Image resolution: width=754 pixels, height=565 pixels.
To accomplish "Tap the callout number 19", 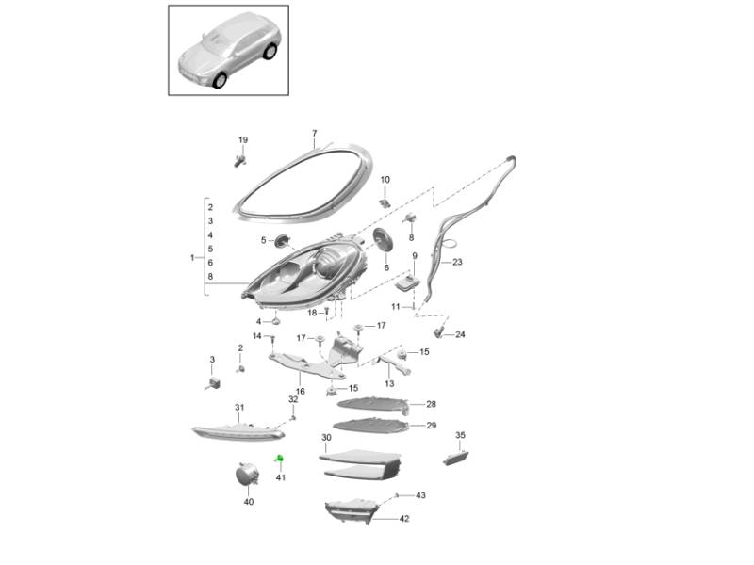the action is point(243,139).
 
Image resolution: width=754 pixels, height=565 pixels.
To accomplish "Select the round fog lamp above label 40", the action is point(247,474).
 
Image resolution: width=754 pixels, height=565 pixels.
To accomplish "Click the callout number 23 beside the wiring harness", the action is point(457,262).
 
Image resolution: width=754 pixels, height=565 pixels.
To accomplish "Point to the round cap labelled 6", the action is point(384,239).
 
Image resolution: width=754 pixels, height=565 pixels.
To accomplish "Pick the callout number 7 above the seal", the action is point(315,133).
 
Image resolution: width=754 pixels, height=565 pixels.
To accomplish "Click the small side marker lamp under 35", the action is point(455,458).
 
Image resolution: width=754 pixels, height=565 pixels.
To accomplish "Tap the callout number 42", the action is point(404,519).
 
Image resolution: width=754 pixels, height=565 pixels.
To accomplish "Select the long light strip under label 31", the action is point(238,432).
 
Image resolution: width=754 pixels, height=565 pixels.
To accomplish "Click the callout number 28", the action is point(431,404).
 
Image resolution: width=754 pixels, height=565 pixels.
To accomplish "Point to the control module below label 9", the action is point(408,283).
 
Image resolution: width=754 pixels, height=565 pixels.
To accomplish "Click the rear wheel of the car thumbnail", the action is point(270,52).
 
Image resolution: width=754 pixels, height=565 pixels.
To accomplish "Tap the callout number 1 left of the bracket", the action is point(192,258).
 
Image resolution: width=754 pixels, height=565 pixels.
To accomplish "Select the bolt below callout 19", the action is point(239,161).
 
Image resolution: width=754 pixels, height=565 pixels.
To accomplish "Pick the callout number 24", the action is point(460,334).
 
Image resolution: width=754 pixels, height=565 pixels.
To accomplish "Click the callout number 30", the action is point(326,438).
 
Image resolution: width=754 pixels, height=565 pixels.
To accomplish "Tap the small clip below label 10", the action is point(385,202).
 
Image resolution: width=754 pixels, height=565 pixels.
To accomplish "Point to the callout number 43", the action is point(420,495).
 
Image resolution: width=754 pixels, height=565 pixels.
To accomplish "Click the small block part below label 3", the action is point(214,383).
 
